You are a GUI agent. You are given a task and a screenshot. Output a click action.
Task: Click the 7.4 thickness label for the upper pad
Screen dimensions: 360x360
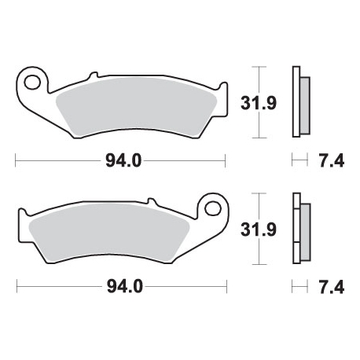coord(329,161)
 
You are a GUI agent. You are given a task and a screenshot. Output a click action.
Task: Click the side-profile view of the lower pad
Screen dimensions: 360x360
coord(300,229)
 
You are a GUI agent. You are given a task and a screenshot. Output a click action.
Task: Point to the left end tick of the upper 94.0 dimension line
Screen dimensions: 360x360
coord(17,161)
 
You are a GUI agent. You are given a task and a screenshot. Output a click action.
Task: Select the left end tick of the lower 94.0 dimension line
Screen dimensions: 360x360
coord(17,287)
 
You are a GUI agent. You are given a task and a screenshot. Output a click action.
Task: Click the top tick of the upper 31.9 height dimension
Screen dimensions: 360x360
coord(262,64)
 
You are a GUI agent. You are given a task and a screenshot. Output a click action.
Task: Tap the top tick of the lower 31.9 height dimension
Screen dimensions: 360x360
coord(262,193)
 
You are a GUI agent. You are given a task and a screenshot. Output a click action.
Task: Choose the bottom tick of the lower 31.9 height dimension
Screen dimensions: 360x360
coord(262,263)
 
